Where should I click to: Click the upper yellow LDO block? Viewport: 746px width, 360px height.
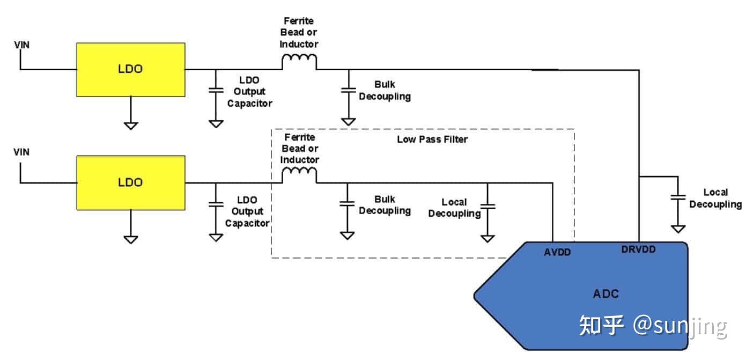[x=131, y=70]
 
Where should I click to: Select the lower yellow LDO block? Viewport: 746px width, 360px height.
[x=131, y=182]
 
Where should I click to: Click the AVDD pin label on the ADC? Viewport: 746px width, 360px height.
[x=557, y=251]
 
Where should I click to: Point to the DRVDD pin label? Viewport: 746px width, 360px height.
[x=638, y=249]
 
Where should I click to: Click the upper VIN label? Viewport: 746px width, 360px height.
[x=21, y=45]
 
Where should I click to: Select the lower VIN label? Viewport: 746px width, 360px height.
[x=21, y=152]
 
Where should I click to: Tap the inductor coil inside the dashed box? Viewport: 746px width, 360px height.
[x=299, y=175]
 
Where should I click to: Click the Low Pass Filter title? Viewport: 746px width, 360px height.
[x=432, y=139]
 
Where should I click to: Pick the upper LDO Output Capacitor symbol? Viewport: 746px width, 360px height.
[x=216, y=91]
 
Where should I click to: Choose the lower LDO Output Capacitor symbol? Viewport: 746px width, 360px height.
[x=216, y=204]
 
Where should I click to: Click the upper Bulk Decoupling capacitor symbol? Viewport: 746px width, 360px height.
[x=349, y=91]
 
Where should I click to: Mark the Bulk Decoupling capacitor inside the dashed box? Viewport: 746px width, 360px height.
[x=348, y=204]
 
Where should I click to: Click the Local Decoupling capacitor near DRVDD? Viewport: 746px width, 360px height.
[x=678, y=197]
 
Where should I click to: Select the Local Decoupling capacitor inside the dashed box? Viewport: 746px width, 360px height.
[x=488, y=206]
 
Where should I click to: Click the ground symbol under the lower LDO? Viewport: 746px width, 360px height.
[x=131, y=239]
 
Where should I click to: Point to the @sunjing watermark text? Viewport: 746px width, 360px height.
[x=679, y=326]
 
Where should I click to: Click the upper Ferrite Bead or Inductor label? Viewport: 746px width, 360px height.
[x=299, y=32]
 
